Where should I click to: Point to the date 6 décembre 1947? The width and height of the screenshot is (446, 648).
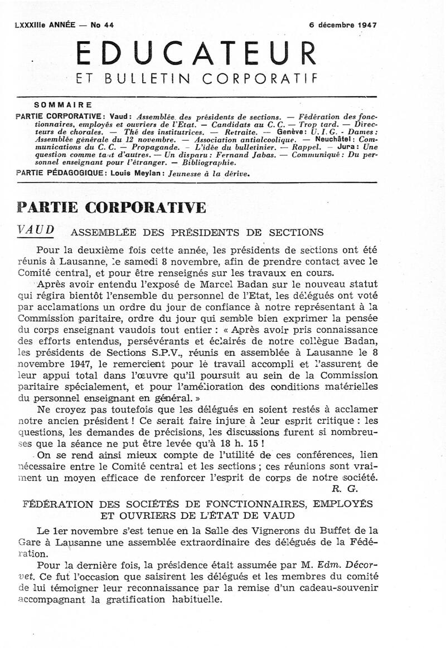click(343, 25)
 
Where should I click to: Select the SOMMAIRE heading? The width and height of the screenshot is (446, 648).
click(63, 105)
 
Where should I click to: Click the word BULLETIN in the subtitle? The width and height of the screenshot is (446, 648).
click(151, 79)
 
